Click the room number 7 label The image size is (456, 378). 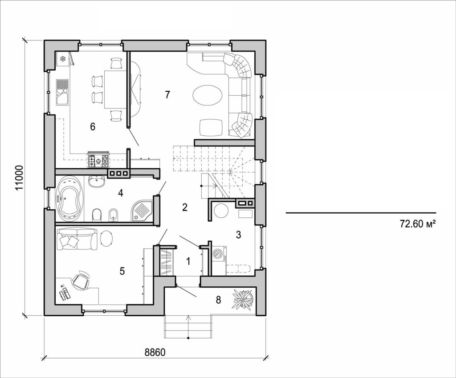click(167, 94)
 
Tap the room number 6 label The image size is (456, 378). click(93, 127)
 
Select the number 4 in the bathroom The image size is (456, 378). click(120, 193)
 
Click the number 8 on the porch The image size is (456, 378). click(218, 300)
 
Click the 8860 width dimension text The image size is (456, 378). click(155, 353)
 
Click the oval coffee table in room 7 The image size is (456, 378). click(207, 95)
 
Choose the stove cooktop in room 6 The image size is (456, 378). click(98, 160)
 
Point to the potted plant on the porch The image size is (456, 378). click(243, 299)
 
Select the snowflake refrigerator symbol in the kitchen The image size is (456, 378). click(63, 59)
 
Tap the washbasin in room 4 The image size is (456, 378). click(97, 181)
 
